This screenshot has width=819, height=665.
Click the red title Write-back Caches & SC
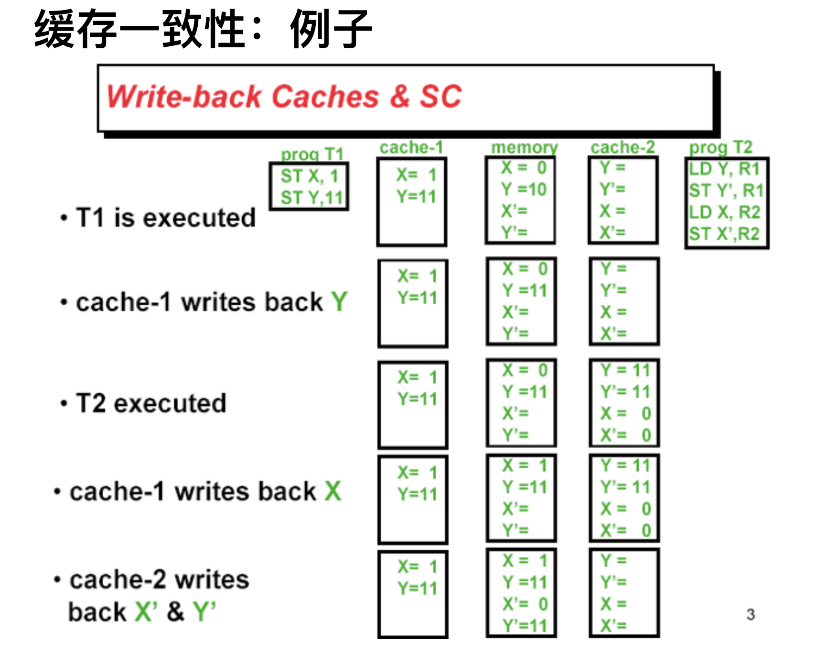coord(284,97)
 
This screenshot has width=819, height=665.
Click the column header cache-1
coord(411,147)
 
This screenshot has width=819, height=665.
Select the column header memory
coord(524,147)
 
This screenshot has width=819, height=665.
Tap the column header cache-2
coord(623,147)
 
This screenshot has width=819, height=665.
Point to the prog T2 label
coord(721,147)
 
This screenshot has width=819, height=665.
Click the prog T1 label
coord(312,155)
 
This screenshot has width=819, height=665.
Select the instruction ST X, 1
coord(309,176)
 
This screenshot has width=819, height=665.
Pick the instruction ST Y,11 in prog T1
coord(312,198)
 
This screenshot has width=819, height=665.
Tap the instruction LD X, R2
coord(724,212)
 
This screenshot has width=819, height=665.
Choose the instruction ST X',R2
coord(724,234)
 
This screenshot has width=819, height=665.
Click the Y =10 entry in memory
coord(524,189)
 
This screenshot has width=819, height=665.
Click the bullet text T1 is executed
coord(165,218)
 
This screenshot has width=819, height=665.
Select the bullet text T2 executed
coord(151,403)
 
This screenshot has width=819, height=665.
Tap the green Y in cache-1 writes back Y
coord(339,302)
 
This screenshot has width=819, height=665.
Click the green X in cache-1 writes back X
coord(333,491)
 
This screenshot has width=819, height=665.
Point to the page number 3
coord(751,614)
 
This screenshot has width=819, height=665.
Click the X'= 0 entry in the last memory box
coord(525,604)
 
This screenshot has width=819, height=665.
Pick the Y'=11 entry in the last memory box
coord(525,625)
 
